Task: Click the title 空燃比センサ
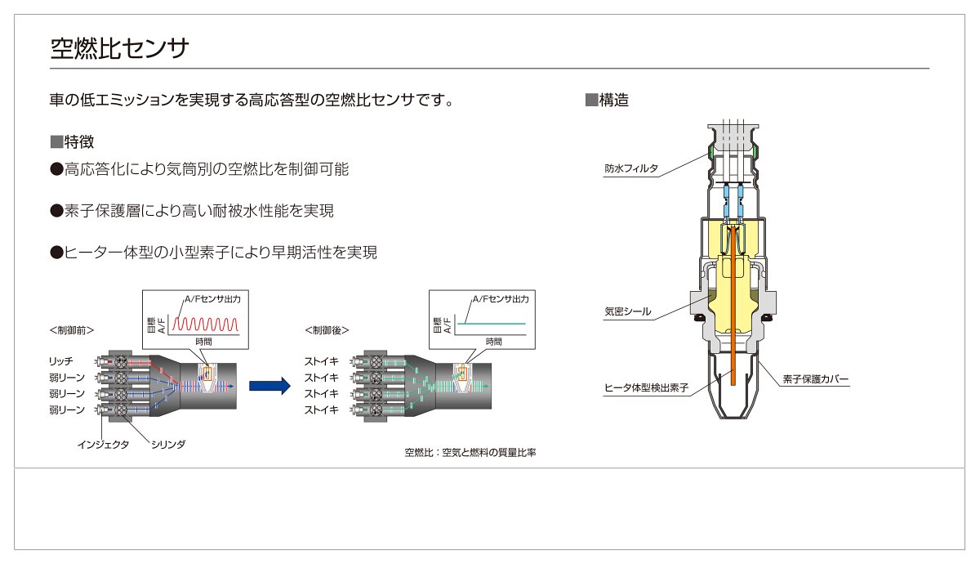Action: click(119, 47)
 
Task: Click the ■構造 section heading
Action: click(607, 101)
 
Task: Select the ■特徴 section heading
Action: click(72, 142)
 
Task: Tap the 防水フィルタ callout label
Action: click(630, 168)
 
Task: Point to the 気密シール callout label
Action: click(628, 311)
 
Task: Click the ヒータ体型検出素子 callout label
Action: click(646, 387)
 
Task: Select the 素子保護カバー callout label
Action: click(816, 378)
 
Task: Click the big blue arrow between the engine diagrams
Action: click(269, 386)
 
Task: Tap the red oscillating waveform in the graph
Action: click(205, 324)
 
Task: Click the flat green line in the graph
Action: click(491, 324)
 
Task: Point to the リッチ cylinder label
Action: click(60, 361)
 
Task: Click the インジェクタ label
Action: click(103, 445)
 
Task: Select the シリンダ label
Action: click(168, 445)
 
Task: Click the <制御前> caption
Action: click(72, 330)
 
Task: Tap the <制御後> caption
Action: click(327, 330)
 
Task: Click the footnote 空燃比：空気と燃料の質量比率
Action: click(470, 452)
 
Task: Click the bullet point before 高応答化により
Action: click(57, 169)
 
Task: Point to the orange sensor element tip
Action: click(733, 383)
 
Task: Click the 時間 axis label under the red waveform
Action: click(203, 342)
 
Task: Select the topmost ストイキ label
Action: click(322, 361)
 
